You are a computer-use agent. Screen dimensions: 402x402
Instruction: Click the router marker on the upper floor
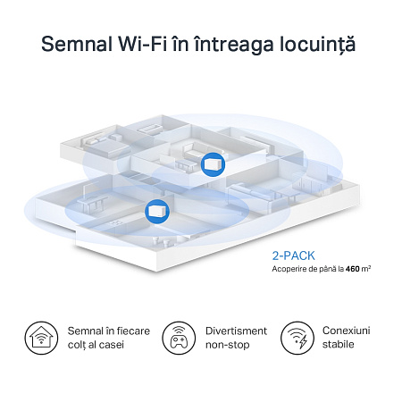[x=211, y=163]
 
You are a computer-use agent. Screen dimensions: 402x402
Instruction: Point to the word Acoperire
[x=292, y=268]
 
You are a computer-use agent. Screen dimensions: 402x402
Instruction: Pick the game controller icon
[x=179, y=338]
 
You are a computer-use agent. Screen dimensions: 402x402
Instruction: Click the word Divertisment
[x=230, y=331]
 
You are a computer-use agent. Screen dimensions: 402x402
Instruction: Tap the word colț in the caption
[x=78, y=344]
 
